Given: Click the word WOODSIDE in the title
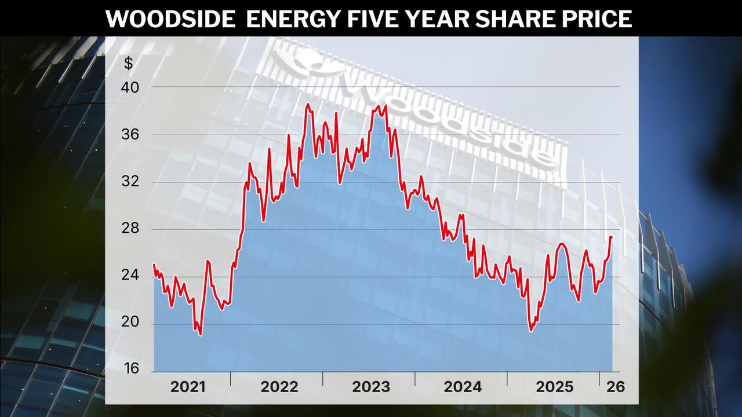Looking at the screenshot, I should (169, 19).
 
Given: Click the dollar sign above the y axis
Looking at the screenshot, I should (128, 64).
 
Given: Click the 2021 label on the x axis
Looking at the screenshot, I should (188, 387).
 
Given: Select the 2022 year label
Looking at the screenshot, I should (279, 387).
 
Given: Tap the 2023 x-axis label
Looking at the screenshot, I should (371, 387).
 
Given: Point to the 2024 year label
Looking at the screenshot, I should (463, 387).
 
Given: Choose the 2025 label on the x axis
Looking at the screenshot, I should (554, 387).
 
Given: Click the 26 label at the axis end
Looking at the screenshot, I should (616, 387).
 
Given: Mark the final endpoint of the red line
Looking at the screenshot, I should (612, 237).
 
